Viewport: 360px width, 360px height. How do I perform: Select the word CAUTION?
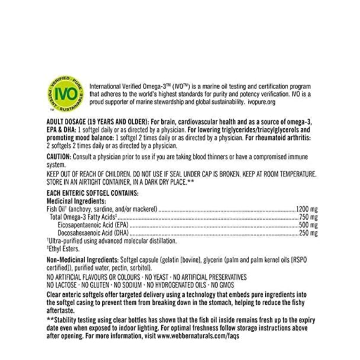coord(59,157)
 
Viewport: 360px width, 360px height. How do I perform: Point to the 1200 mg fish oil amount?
coord(306,209)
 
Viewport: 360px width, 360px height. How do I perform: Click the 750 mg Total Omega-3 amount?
coord(309,217)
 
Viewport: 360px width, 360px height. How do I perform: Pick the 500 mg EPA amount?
coord(309,225)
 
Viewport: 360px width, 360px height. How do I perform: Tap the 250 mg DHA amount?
coord(309,233)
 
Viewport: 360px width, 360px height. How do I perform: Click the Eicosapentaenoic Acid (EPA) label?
coord(93,225)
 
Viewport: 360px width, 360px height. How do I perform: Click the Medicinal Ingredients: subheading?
coord(76,201)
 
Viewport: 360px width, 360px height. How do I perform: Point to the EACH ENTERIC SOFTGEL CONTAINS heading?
coord(93,193)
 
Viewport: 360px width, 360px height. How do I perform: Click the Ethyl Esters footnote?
coord(63,249)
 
